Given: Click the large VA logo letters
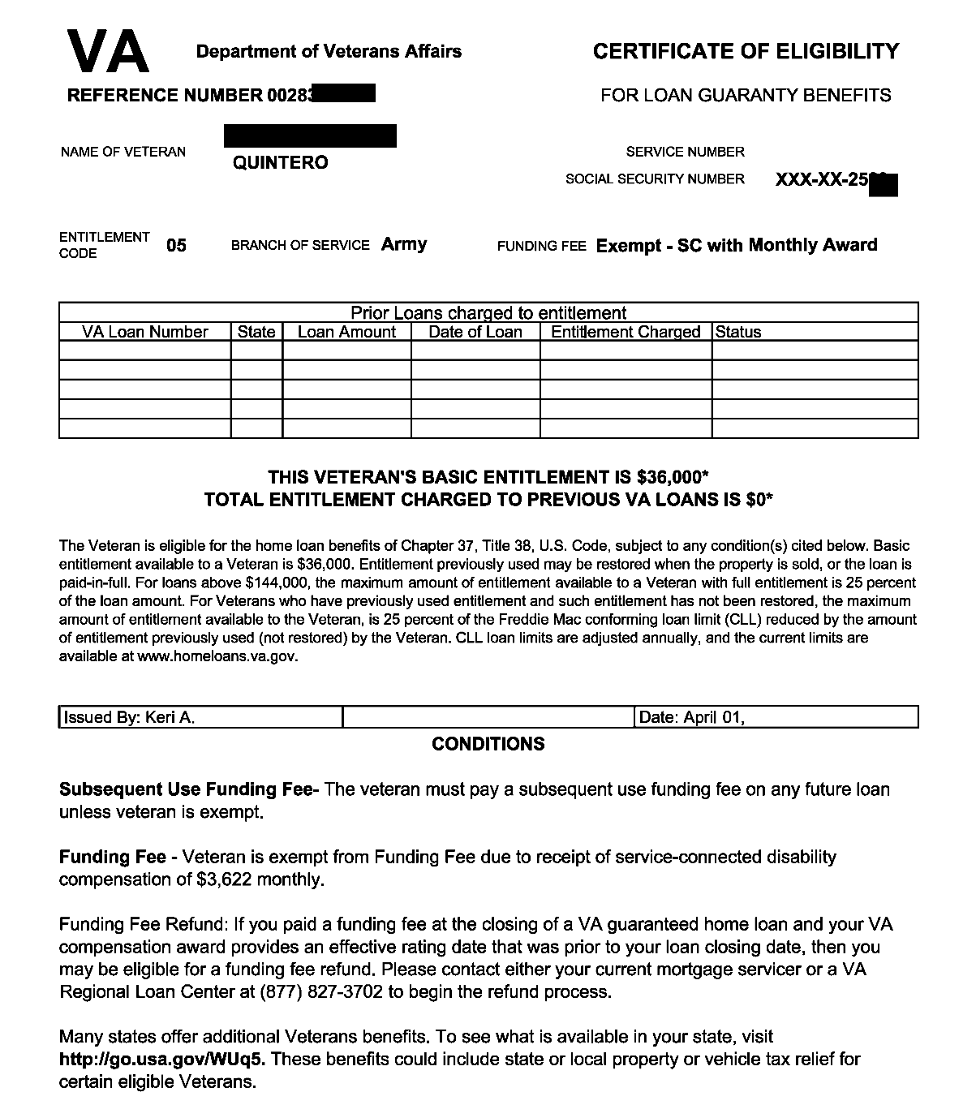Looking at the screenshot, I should pyautogui.click(x=108, y=51).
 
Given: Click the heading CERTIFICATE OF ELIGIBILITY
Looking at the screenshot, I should pyautogui.click(x=746, y=52).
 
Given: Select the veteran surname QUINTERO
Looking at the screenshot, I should pyautogui.click(x=281, y=163).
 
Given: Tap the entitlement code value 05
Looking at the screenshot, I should pyautogui.click(x=176, y=245).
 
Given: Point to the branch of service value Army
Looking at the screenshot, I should pyautogui.click(x=404, y=244).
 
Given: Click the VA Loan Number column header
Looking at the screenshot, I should pyautogui.click(x=145, y=332).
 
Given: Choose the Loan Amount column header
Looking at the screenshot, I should pyautogui.click(x=346, y=332).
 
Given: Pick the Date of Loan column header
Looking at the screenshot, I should pyautogui.click(x=475, y=332).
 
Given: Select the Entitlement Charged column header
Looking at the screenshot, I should pyautogui.click(x=626, y=332).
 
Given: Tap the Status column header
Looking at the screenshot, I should pyautogui.click(x=738, y=332).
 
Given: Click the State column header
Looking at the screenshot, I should pyautogui.click(x=256, y=332).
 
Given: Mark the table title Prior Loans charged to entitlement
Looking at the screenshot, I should pyautogui.click(x=488, y=313).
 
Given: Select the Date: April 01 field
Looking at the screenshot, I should pyautogui.click(x=692, y=718).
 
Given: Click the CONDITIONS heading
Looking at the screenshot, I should pyautogui.click(x=488, y=744).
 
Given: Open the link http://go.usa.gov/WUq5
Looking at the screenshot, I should pyautogui.click(x=162, y=1059).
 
